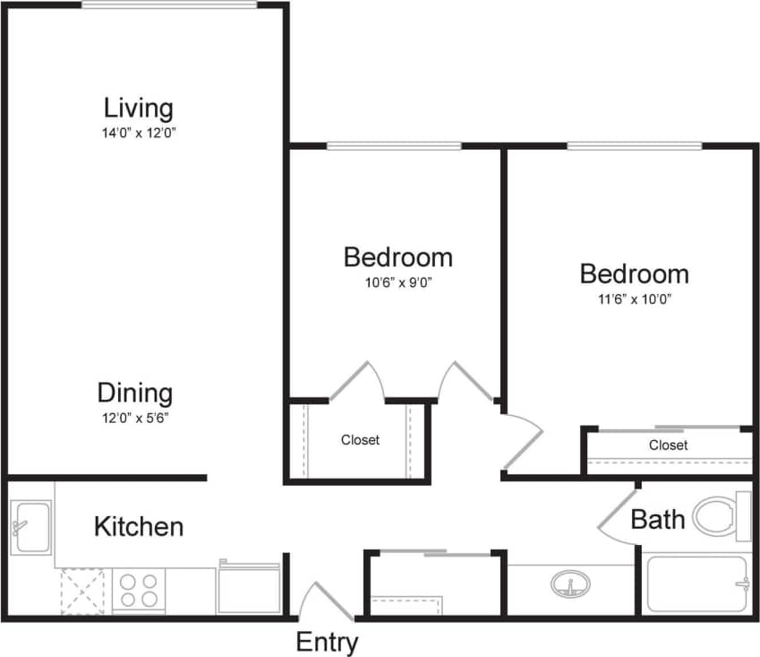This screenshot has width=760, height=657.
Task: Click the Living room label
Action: tap(138, 108)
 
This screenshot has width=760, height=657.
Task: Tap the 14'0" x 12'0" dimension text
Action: tap(138, 133)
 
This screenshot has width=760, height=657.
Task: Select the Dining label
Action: tap(135, 393)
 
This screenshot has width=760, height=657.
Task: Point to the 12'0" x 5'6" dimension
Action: tap(135, 417)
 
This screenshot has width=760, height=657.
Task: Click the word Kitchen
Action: tap(139, 526)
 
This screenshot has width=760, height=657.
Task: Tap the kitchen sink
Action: tap(31, 527)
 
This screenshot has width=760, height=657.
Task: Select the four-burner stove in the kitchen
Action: tap(139, 591)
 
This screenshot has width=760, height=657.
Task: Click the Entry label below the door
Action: tap(327, 642)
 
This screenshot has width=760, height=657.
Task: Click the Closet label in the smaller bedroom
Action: tap(360, 440)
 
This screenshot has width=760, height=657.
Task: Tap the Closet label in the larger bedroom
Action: tap(668, 445)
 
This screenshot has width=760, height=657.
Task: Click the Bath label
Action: tap(658, 519)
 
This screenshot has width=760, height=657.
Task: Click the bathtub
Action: tap(696, 586)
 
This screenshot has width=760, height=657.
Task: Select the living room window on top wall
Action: tap(169, 4)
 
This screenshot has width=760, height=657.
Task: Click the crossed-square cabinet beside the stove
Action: tap(82, 591)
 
